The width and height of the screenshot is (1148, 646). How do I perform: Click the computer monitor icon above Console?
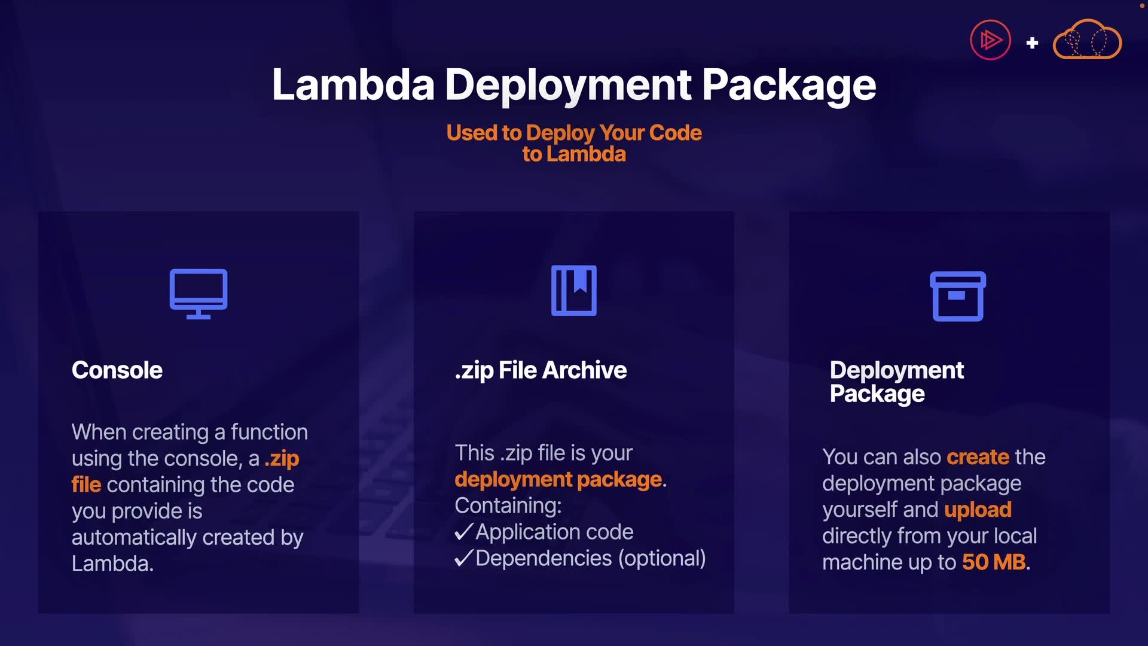click(199, 293)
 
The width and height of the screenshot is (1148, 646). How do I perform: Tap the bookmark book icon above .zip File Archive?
click(574, 290)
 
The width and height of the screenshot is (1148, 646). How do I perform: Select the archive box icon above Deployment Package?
click(958, 296)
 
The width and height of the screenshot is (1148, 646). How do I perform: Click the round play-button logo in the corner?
click(990, 41)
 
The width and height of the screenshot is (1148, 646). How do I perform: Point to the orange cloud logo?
click(1087, 40)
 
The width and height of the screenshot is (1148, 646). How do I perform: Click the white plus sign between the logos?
click(1032, 43)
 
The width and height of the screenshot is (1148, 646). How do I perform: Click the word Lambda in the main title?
click(353, 85)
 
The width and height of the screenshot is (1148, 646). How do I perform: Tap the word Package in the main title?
click(789, 85)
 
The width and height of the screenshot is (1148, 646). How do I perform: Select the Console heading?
click(117, 370)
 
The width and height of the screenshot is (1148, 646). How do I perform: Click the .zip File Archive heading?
click(541, 370)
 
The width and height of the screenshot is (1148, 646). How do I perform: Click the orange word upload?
click(978, 510)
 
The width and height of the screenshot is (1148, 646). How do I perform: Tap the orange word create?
click(978, 457)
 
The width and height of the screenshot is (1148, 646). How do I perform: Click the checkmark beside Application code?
click(464, 532)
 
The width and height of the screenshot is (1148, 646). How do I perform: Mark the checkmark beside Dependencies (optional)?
click(464, 558)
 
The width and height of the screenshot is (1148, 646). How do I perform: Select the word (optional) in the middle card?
click(662, 558)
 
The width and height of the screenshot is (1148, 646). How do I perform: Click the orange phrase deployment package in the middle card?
click(558, 479)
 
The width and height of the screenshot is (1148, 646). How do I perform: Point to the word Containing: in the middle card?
click(508, 505)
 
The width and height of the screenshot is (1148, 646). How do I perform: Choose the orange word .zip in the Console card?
click(282, 459)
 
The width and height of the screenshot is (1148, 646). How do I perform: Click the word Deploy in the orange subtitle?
click(560, 133)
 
